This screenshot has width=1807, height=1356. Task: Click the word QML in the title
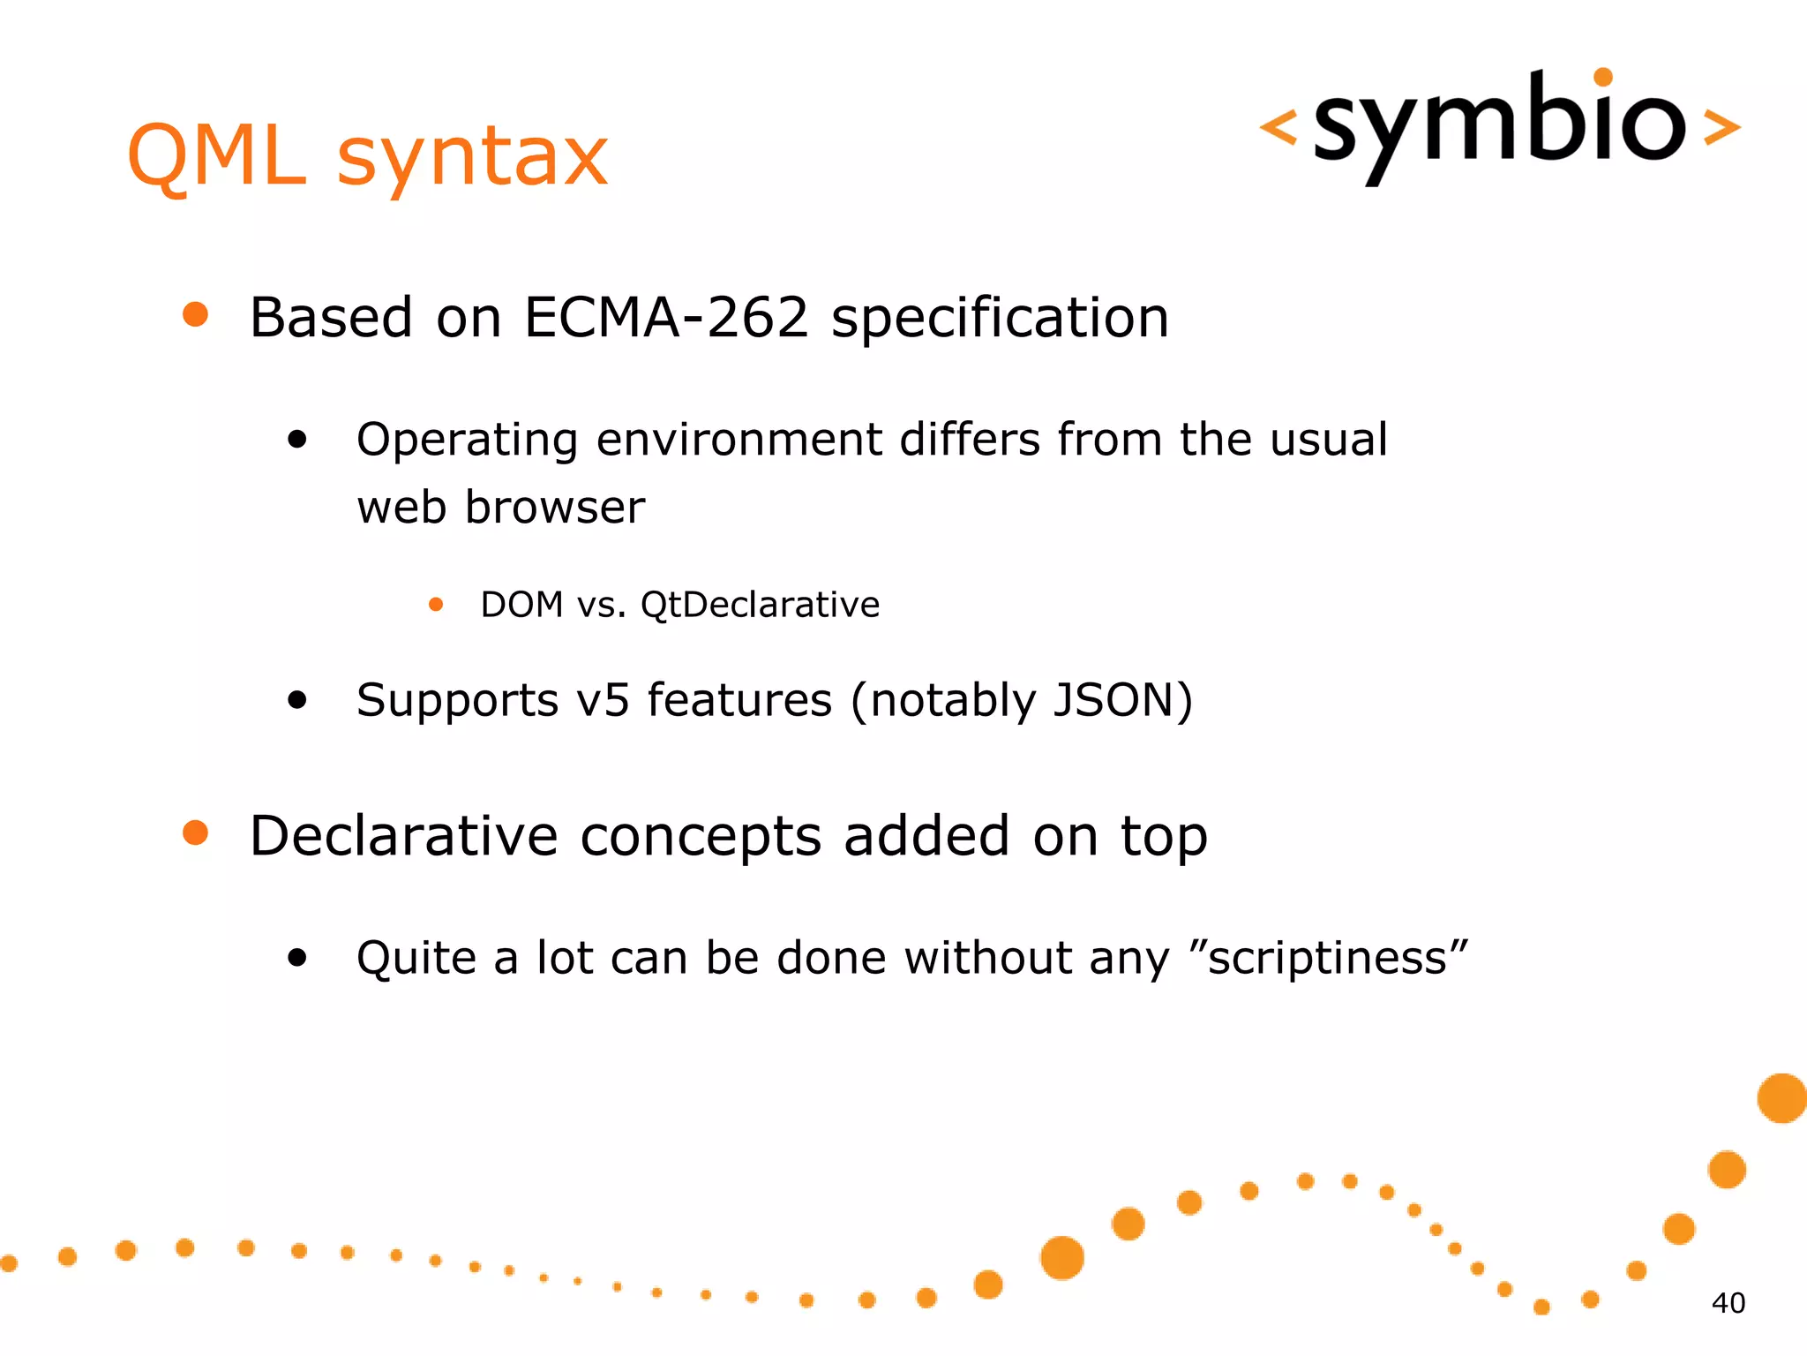point(217,156)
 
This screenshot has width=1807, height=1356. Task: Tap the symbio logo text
point(1500,124)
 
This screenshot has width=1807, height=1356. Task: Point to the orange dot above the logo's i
point(1603,78)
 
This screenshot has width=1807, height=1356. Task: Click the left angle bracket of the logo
point(1278,127)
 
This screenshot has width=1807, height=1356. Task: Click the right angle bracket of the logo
point(1721,127)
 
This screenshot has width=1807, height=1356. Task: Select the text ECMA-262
point(666,318)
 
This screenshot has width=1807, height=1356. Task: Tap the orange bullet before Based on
point(195,315)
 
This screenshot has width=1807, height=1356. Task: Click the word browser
point(555,508)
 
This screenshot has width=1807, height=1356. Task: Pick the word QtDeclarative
point(760,606)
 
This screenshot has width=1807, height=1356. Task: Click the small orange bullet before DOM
point(436,605)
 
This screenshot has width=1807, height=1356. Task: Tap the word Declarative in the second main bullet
point(404,836)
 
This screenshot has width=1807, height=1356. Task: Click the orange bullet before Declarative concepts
point(195,832)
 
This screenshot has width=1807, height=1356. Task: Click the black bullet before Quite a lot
point(297,958)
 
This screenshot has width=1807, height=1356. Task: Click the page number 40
point(1728,1303)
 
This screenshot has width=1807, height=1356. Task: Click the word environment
point(739,440)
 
